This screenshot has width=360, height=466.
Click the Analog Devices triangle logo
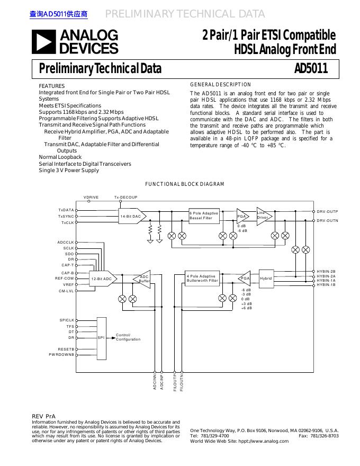pyautogui.click(x=44, y=42)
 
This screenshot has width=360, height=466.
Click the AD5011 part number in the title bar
pyautogui.click(x=311, y=69)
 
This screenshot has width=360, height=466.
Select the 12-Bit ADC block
pyautogui.click(x=102, y=279)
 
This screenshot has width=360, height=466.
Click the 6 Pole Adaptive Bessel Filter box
pyautogui.click(x=204, y=216)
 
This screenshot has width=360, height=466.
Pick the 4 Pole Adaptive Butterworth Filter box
pyautogui.click(x=202, y=279)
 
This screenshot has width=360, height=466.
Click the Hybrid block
pyautogui.click(x=266, y=279)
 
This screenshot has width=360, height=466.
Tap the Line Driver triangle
pyautogui.click(x=263, y=216)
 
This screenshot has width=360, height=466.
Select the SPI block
pyautogui.click(x=102, y=337)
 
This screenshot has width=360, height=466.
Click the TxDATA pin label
pyautogui.click(x=66, y=210)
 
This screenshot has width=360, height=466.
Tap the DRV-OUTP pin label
pyautogui.click(x=327, y=212)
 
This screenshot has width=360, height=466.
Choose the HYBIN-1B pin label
pyautogui.click(x=326, y=285)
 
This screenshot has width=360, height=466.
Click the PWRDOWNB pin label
pyautogui.click(x=62, y=354)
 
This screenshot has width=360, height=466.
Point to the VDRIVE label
pyautogui.click(x=91, y=198)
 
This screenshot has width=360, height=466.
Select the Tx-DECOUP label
pyautogui.click(x=125, y=198)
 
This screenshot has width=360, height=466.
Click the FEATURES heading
pyautogui.click(x=52, y=86)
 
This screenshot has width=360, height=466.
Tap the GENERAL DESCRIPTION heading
pyautogui.click(x=220, y=85)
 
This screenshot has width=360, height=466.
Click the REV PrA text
pyautogui.click(x=43, y=417)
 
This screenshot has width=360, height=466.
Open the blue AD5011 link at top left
pyautogui.click(x=58, y=14)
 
